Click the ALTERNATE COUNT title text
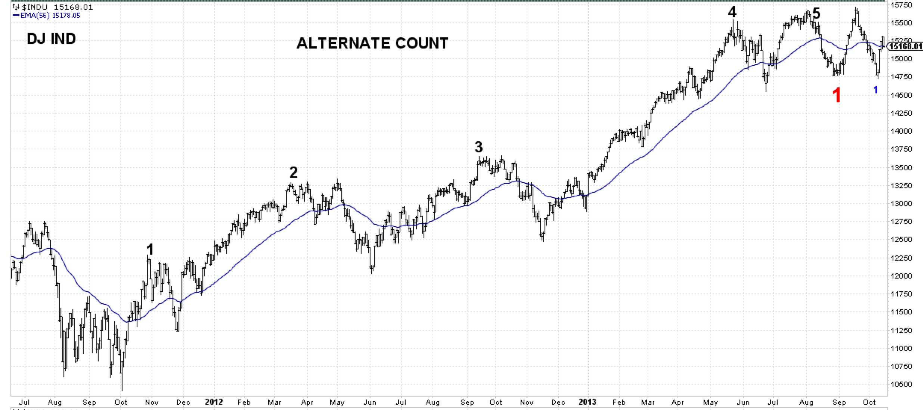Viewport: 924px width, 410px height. tap(372, 43)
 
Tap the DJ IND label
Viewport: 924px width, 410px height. tap(51, 39)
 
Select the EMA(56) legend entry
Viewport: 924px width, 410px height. tap(47, 15)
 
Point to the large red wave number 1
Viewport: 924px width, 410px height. tap(837, 96)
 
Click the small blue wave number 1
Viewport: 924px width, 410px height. tap(875, 90)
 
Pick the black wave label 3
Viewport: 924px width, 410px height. tap(478, 147)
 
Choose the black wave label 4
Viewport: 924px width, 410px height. tap(732, 12)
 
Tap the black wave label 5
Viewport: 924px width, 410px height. tap(816, 14)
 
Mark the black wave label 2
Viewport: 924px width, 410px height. tap(294, 173)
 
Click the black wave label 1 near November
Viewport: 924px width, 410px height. tap(150, 249)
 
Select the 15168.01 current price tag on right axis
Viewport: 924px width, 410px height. tap(906, 46)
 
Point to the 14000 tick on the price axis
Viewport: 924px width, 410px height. tap(902, 131)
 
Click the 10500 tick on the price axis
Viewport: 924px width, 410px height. tap(902, 385)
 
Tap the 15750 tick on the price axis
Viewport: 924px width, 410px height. tap(902, 5)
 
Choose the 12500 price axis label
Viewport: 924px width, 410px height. tap(902, 239)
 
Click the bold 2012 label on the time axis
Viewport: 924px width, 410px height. tap(214, 402)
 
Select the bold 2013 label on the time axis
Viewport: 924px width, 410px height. tap(587, 402)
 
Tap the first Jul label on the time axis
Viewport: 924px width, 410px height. tap(24, 403)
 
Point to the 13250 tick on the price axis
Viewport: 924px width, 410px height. tap(902, 186)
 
